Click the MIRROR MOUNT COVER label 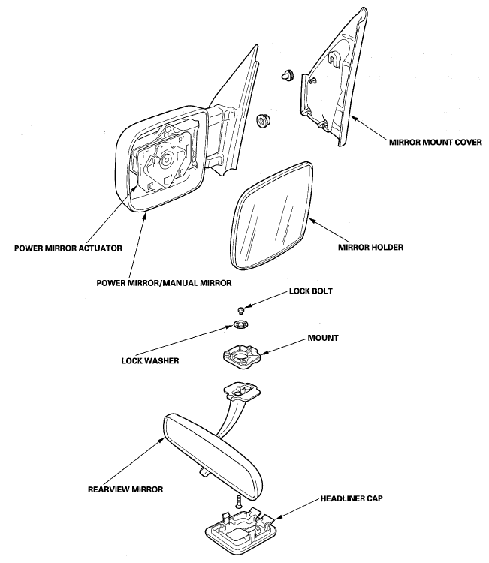[x=436, y=143]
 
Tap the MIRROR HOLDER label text [x=371, y=248]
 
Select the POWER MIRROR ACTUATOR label [x=68, y=248]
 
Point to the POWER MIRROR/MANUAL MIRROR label [x=164, y=283]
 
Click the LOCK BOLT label [x=311, y=291]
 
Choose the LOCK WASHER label [x=150, y=360]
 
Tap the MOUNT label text [x=323, y=339]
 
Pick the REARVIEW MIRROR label [x=125, y=489]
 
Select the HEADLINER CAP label [x=352, y=498]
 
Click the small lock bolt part [x=241, y=309]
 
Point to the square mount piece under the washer [x=240, y=356]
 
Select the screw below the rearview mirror [x=238, y=501]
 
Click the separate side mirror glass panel [x=273, y=215]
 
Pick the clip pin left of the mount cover [x=288, y=74]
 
